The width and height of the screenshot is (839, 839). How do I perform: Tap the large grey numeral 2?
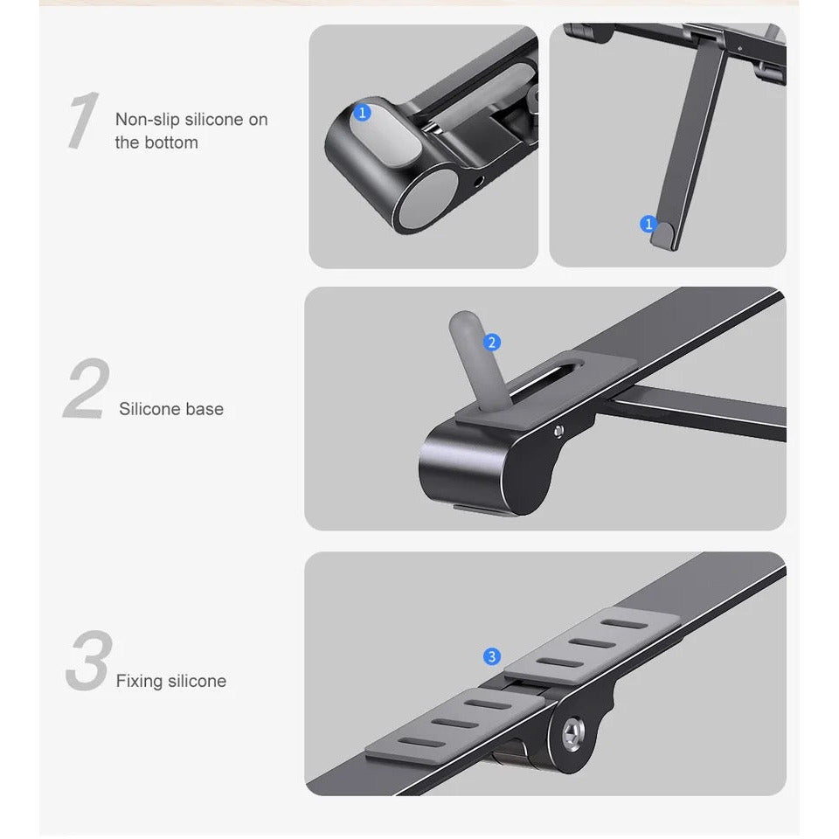87,388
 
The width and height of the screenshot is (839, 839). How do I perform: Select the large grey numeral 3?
89,660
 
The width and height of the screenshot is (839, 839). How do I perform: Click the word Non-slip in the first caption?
148,120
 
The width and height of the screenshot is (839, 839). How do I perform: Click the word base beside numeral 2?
204,409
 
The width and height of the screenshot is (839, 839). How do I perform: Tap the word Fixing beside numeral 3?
140,681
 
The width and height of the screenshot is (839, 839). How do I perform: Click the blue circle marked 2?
492,343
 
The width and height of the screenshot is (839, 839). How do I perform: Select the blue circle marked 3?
492,656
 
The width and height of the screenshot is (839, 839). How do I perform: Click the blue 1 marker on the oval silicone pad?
362,113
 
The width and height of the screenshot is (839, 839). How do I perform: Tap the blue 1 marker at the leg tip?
648,224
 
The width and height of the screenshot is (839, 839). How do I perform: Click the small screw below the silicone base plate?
558,431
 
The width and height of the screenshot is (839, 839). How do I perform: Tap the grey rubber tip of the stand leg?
662,235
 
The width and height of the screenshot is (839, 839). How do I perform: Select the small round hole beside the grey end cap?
478,182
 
